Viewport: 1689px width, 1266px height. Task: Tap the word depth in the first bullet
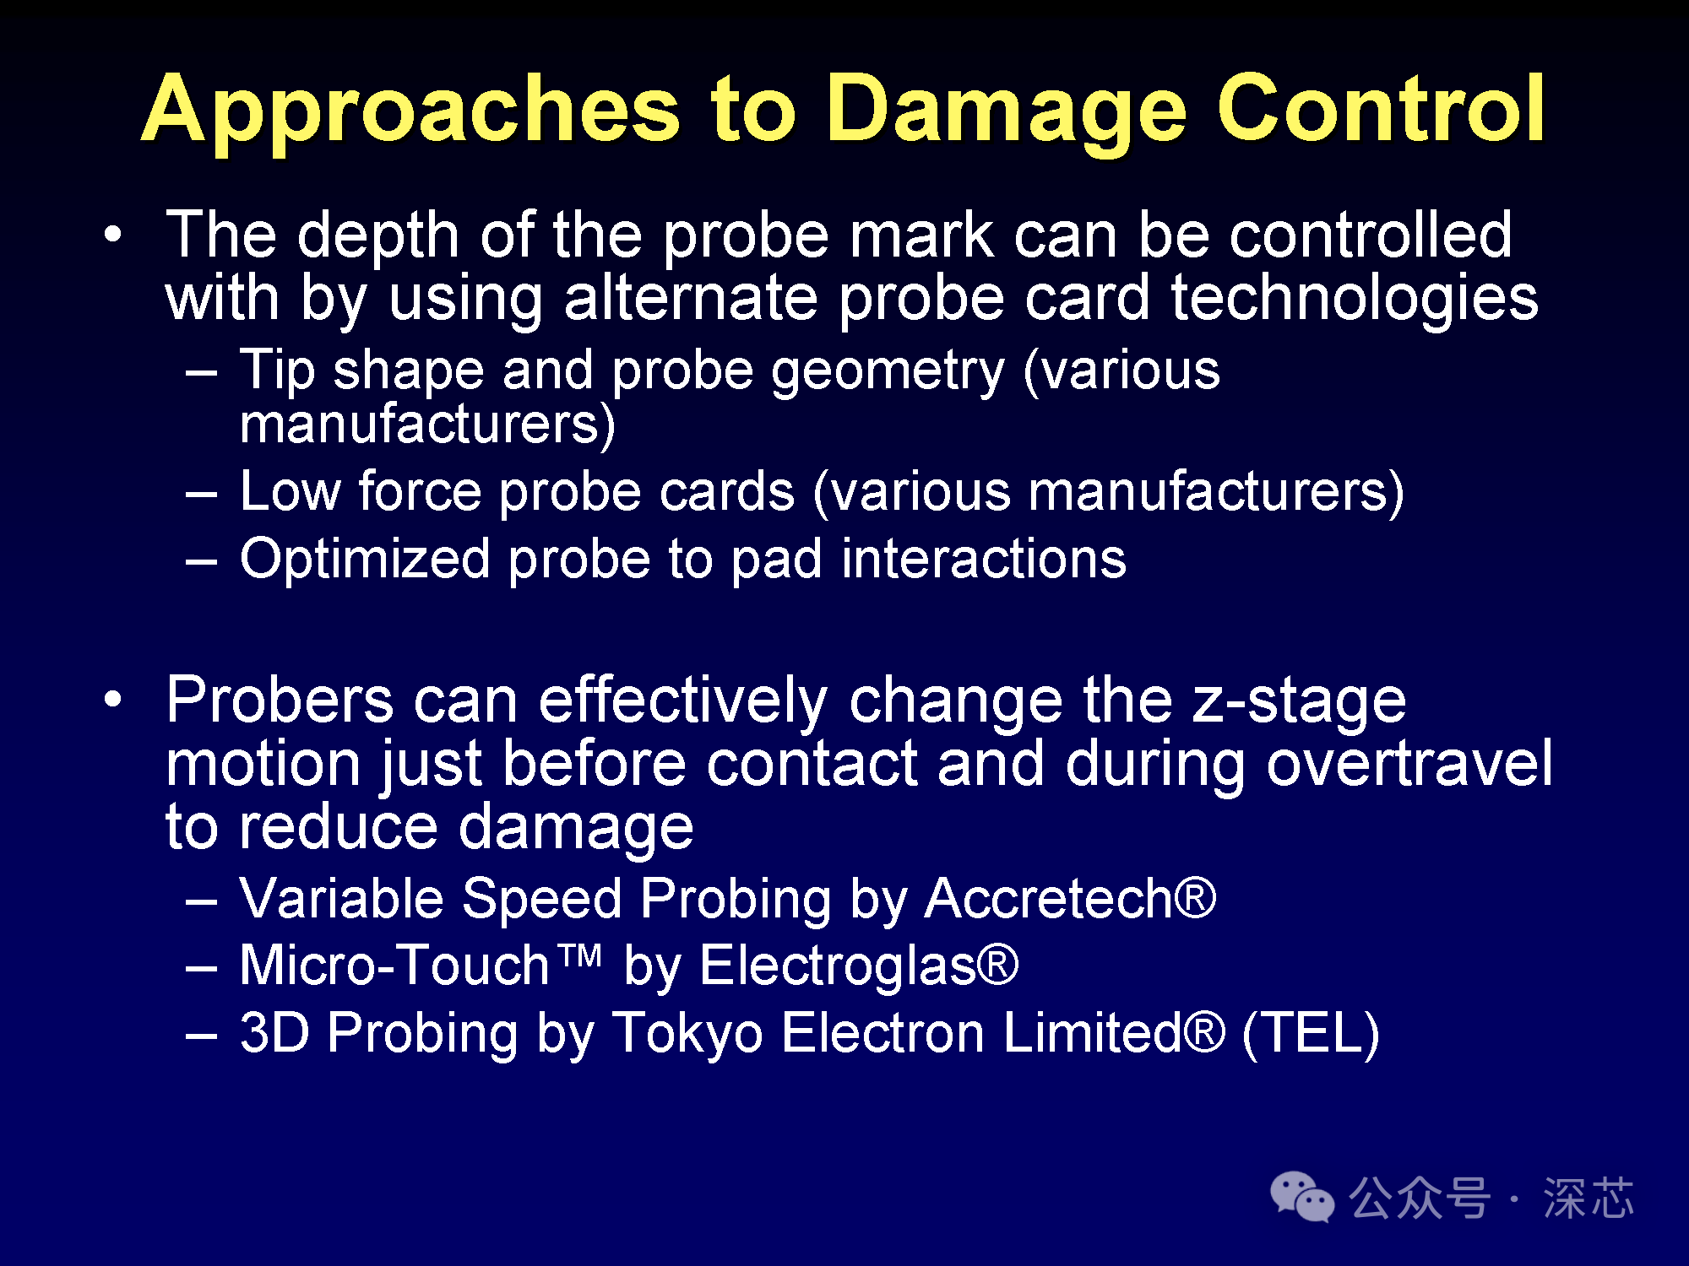[x=378, y=237]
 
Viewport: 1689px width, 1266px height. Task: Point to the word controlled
[x=1370, y=234]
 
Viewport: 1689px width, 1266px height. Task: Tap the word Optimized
[x=365, y=560]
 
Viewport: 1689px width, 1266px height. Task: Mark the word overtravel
[x=1409, y=763]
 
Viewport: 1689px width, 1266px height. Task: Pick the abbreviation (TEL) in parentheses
[x=1311, y=1033]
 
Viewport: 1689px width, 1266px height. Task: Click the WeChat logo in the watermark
[x=1302, y=1197]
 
